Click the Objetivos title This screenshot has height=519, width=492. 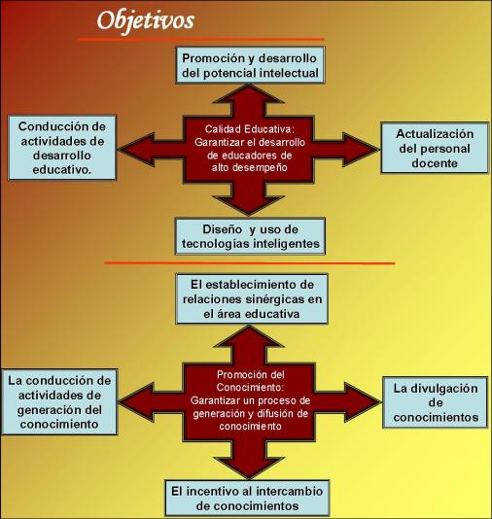[x=145, y=21]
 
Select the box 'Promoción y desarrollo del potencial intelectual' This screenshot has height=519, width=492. [x=250, y=65]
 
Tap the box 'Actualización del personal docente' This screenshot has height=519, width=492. [x=435, y=148]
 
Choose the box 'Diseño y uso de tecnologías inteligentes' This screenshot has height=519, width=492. [x=250, y=236]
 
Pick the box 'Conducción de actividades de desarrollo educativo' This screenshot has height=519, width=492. [x=62, y=148]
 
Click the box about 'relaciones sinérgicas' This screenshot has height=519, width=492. [x=252, y=298]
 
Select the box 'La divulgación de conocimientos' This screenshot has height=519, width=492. [x=436, y=402]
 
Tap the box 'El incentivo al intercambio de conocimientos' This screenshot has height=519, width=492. [x=247, y=498]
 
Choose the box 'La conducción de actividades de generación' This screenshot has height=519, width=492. [x=59, y=401]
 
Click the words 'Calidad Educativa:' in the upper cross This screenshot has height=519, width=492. [x=249, y=129]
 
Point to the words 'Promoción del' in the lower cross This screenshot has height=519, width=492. [x=251, y=375]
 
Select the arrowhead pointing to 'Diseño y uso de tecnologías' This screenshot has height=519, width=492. [x=249, y=206]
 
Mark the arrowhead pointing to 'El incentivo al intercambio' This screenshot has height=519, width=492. [x=249, y=468]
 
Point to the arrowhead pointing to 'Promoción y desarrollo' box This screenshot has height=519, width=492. [x=249, y=93]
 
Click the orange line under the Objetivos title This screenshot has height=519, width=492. [x=200, y=39]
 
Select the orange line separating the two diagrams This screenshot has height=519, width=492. [x=249, y=263]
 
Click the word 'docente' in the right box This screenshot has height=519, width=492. [x=435, y=163]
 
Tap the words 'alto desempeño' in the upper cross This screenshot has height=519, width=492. [x=249, y=168]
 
